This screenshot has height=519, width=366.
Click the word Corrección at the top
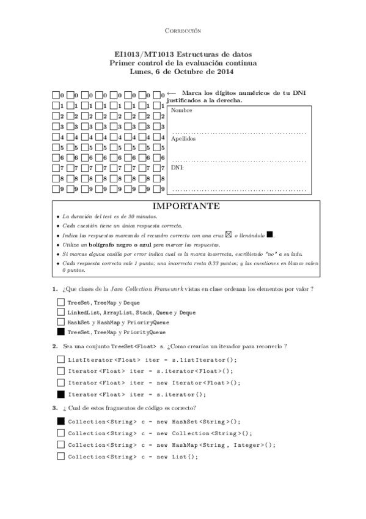pyautogui.click(x=183, y=31)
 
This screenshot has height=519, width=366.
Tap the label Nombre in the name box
pyautogui.click(x=181, y=110)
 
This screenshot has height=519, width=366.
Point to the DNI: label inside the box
pyautogui.click(x=178, y=166)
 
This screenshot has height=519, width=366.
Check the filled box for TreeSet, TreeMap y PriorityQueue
pyautogui.click(x=60, y=332)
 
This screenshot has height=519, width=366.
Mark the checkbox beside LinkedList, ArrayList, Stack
pyautogui.click(x=60, y=312)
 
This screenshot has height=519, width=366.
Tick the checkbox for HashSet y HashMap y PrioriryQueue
pyautogui.click(x=60, y=322)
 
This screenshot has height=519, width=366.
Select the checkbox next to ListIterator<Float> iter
pyautogui.click(x=60, y=360)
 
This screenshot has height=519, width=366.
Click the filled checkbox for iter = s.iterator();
pyautogui.click(x=60, y=394)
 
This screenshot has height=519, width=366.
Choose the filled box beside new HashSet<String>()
pyautogui.click(x=60, y=422)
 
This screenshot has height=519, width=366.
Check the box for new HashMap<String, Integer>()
pyautogui.click(x=60, y=445)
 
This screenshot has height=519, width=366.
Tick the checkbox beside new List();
pyautogui.click(x=60, y=457)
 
